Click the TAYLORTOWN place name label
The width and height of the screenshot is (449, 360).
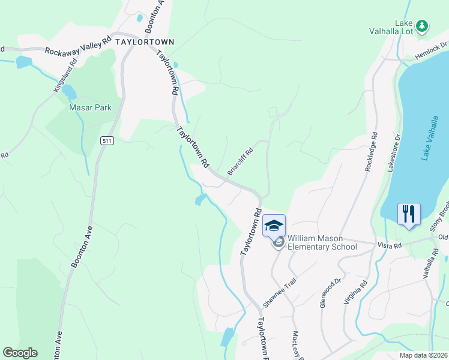[145, 42]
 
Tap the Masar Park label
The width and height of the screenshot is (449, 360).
[91, 108]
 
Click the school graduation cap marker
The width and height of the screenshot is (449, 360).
[274, 226]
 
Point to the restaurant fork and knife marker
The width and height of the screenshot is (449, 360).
[409, 214]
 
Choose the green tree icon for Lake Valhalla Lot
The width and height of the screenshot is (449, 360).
[423, 25]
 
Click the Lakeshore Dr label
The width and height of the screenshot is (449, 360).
[394, 152]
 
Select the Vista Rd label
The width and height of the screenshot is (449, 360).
[388, 246]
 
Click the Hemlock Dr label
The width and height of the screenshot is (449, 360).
[432, 51]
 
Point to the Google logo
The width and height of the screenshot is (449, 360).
[20, 353]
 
